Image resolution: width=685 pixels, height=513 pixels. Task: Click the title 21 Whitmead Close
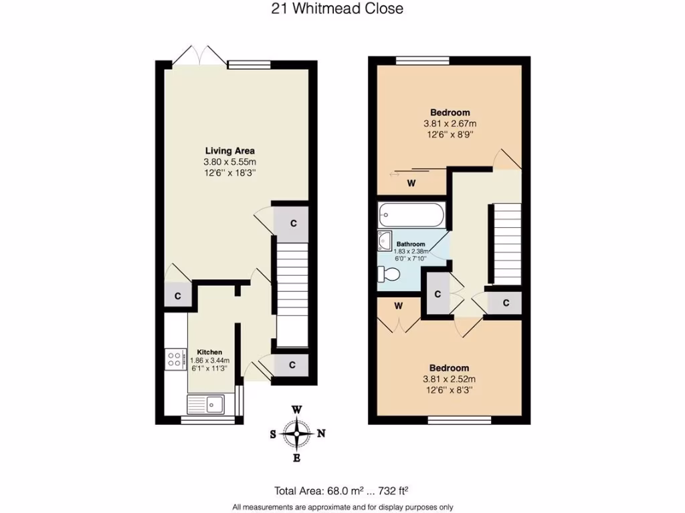tap(338, 9)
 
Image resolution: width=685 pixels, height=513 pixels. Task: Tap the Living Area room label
tap(229, 151)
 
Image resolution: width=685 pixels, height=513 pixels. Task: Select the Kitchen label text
tap(209, 352)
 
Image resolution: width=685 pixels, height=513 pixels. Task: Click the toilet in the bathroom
tap(389, 274)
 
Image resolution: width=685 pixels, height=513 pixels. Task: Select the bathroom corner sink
tap(385, 240)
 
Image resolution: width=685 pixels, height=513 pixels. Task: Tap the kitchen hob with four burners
tap(176, 359)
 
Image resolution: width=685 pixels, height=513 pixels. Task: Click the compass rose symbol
tap(297, 434)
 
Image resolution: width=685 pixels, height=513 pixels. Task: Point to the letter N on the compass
tap(321, 434)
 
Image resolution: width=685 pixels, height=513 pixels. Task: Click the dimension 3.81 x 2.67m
tap(449, 124)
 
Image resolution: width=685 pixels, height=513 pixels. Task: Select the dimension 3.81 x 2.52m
tap(449, 379)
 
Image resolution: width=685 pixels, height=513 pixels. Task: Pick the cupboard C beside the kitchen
tap(178, 296)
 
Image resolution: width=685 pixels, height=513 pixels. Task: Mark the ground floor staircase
tap(292, 294)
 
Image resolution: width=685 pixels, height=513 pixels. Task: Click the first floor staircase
tap(506, 244)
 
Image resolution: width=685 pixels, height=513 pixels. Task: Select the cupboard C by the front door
tap(293, 365)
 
